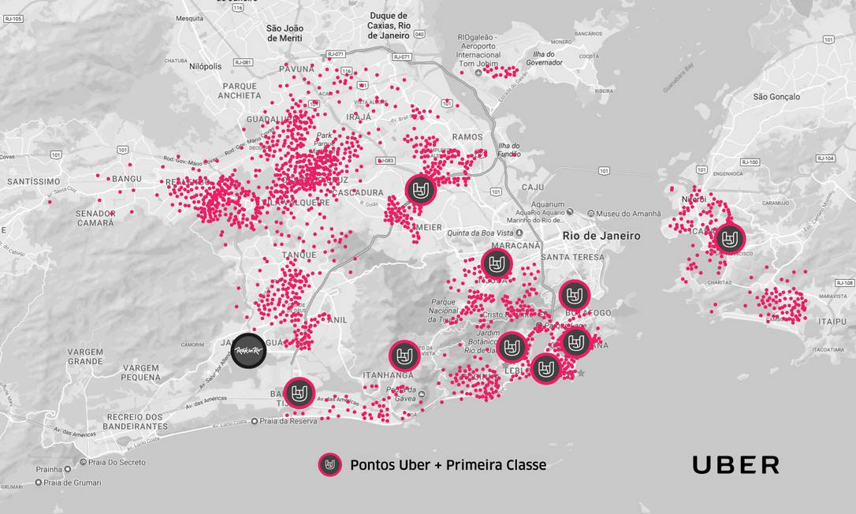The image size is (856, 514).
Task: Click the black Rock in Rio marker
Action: coord(249,348)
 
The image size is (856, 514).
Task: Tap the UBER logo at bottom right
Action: coord(735,465)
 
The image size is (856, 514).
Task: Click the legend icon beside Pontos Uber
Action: coord(329,465)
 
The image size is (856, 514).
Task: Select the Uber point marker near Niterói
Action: coord(730,238)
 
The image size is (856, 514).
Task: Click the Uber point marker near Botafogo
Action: coord(575,296)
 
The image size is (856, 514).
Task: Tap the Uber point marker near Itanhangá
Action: coord(404,356)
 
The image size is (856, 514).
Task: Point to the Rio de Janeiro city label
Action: coord(601,236)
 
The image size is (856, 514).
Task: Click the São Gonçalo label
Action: coord(776,97)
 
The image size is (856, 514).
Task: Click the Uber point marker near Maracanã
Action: coord(497,263)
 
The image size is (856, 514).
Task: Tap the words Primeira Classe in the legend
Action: coord(496,465)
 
